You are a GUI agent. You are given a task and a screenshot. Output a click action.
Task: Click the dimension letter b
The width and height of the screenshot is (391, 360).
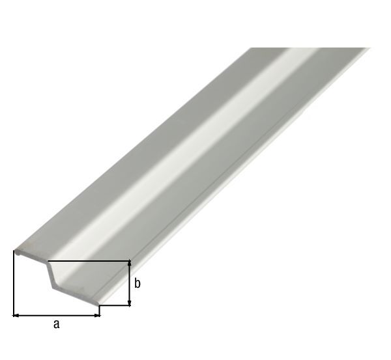coord(138,284)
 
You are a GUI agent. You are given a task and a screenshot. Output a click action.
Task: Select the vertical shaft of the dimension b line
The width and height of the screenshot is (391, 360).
coord(130,283)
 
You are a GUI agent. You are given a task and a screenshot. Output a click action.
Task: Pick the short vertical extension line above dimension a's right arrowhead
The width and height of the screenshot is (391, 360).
coord(100,310)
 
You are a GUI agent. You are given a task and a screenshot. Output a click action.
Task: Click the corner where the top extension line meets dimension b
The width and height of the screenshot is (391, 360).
coord(130,262)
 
